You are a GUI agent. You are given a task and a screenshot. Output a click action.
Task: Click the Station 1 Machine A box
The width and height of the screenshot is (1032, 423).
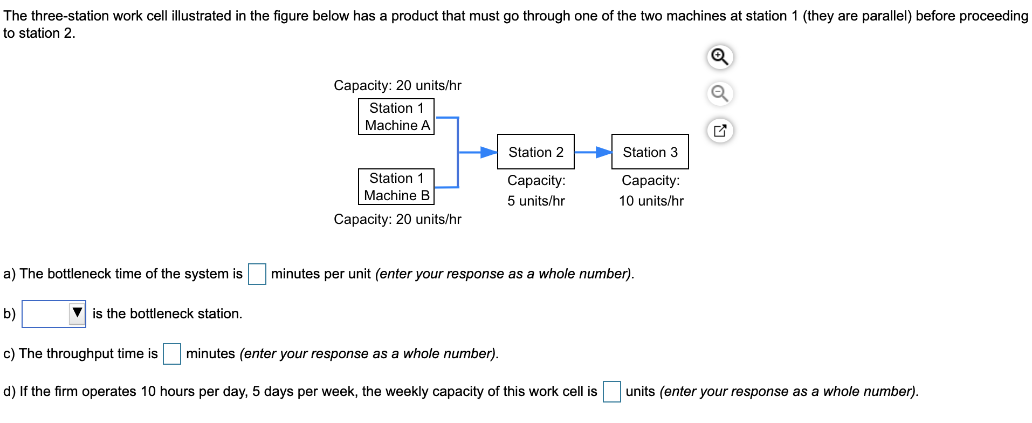pos(396,117)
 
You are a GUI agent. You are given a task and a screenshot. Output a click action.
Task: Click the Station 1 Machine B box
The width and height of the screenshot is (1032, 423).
pos(396,187)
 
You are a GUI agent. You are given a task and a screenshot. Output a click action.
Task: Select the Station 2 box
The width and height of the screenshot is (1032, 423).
pos(535,152)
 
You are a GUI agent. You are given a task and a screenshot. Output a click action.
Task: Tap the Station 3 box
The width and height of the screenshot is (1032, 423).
pos(650,152)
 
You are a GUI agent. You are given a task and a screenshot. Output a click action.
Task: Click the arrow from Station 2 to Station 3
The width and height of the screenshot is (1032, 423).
pos(593,152)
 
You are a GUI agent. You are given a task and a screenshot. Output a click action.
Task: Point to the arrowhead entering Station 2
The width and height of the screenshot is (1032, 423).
pos(489,152)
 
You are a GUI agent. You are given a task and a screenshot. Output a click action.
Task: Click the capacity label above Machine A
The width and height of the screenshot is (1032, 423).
pos(397,85)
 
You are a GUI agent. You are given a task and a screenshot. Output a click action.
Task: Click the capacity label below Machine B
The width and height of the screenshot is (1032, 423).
pos(397,219)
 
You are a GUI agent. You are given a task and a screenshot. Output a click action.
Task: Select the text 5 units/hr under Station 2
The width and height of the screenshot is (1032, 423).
pos(535,201)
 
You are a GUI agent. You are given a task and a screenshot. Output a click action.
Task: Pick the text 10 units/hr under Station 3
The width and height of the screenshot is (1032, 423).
pos(651,201)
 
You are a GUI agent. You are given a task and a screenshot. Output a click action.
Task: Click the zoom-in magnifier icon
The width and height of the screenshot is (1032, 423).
pos(720,57)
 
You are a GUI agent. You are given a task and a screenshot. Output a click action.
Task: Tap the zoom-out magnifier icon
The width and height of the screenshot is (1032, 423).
pos(720,93)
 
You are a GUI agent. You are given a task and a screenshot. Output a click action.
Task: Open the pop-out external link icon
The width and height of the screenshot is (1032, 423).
pos(720,131)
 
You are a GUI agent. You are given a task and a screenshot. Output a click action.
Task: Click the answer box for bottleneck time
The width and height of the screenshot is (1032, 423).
pos(257,274)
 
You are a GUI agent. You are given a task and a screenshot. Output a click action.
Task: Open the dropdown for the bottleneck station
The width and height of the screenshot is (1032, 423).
pos(53,314)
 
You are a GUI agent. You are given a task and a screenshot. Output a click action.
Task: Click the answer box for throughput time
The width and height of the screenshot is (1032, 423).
pos(171,354)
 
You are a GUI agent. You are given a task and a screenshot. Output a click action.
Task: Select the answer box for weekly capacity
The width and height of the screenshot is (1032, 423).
pos(611,392)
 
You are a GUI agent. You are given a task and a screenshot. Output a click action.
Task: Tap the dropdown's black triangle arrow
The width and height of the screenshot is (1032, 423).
pos(77,313)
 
